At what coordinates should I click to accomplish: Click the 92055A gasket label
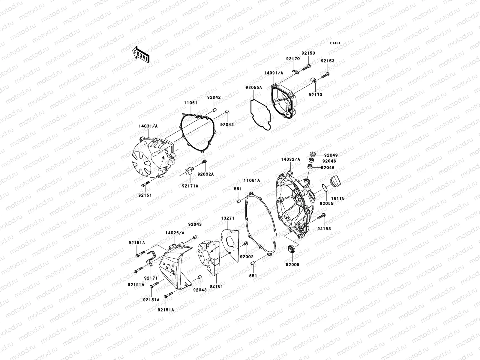(253, 88)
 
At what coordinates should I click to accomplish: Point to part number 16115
(338, 198)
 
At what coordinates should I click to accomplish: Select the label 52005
(292, 265)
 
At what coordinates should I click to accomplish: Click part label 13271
(228, 218)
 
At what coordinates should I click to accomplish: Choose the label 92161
(216, 286)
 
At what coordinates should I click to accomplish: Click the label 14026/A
(175, 232)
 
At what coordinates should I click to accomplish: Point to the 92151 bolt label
(145, 195)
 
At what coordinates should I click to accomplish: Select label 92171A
(190, 186)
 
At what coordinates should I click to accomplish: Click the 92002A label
(205, 174)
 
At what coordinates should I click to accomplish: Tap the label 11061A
(251, 181)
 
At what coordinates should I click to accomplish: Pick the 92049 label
(331, 155)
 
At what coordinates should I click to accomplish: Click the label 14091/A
(274, 73)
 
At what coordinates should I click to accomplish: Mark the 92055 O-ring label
(326, 203)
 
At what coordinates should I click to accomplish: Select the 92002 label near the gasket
(247, 257)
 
